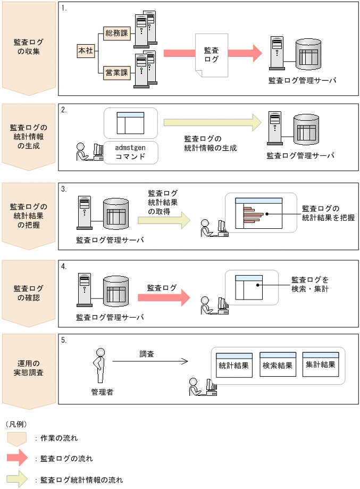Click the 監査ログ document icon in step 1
pyautogui.click(x=211, y=55)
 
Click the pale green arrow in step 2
pyautogui.click(x=213, y=122)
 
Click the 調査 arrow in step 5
pyautogui.click(x=150, y=361)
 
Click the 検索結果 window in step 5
pyautogui.click(x=277, y=364)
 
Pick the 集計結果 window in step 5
pyautogui.click(x=320, y=364)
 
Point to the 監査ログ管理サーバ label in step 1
pyautogui.click(x=302, y=80)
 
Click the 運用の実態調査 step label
pyautogui.click(x=29, y=367)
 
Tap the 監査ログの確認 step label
pyautogui.click(x=29, y=293)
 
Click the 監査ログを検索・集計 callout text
pyautogui.click(x=310, y=284)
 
